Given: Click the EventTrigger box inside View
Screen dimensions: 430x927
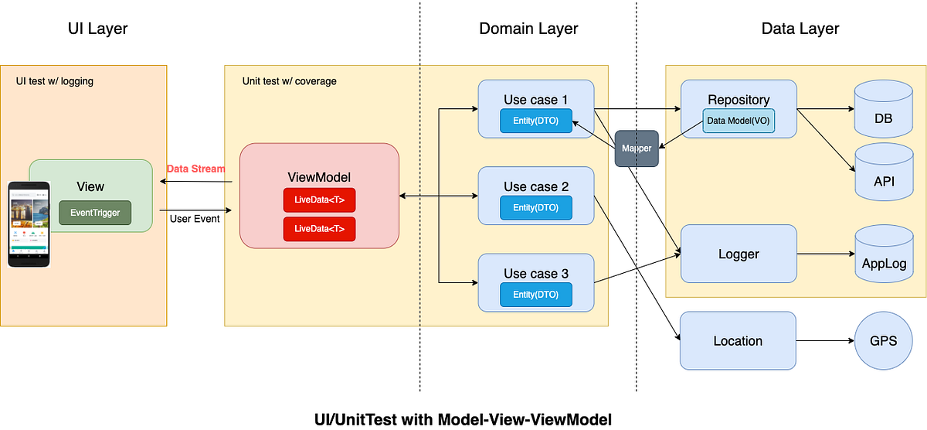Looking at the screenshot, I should tap(95, 213).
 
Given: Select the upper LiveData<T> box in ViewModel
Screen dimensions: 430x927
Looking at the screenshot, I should tap(319, 200).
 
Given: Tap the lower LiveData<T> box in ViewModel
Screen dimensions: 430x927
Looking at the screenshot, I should tap(319, 230).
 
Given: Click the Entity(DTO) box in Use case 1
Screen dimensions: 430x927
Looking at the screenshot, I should tap(535, 121).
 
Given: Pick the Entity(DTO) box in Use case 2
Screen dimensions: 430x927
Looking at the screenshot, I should tap(535, 207).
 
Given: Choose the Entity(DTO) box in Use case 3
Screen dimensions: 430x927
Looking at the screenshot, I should tap(535, 294).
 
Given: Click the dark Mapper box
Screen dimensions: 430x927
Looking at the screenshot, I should tap(637, 148).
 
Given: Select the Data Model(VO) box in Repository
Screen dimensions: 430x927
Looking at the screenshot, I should tap(739, 121).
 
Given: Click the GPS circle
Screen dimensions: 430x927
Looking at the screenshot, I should tap(882, 340).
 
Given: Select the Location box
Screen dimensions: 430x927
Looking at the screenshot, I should tap(738, 340).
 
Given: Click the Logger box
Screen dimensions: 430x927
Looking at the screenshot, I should tap(738, 254).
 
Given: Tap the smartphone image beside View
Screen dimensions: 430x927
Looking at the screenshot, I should tap(29, 224).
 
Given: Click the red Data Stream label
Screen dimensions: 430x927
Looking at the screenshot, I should tap(196, 169).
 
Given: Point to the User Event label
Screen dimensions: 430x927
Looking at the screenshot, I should tap(194, 219).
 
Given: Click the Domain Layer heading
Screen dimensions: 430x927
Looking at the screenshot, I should tap(528, 29).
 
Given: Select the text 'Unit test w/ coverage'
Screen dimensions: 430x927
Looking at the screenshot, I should tap(290, 81).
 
